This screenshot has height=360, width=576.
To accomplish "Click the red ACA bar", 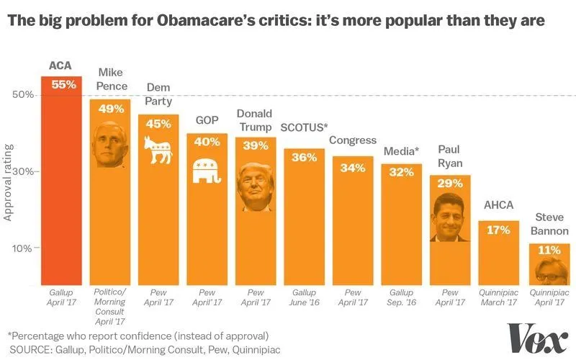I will [61, 180].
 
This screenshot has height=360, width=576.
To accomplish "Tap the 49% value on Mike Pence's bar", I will [110, 109].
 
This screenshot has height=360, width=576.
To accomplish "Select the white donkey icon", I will [158, 150].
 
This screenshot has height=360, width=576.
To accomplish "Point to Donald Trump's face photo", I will [256, 187].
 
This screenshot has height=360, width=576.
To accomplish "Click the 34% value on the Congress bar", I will [353, 168].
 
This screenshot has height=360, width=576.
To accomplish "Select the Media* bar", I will [401, 223].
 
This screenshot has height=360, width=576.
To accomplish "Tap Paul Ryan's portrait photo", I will [450, 218].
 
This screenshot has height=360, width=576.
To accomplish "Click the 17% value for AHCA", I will [498, 230].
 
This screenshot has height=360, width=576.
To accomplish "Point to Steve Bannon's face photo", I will [551, 271].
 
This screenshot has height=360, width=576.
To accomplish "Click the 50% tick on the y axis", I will [23, 95].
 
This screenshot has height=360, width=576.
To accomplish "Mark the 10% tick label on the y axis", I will [23, 248].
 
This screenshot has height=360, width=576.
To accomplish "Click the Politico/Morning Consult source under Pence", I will [110, 303].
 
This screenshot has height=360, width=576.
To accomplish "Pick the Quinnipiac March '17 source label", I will [498, 299].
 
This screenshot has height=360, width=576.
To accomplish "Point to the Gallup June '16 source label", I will [304, 299].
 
